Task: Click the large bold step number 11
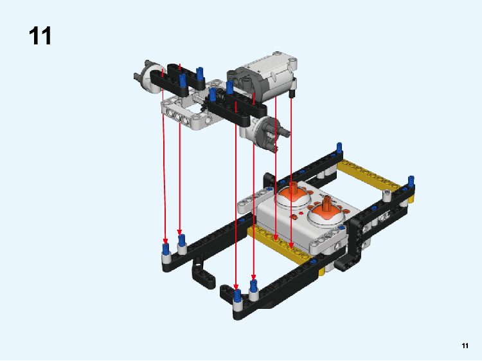click(40, 35)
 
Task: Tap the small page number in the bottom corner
click(465, 346)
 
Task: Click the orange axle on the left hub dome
click(293, 187)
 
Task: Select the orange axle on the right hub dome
click(327, 204)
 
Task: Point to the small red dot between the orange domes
click(300, 212)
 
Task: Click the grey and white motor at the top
click(262, 77)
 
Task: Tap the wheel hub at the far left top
click(150, 77)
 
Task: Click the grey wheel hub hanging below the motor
click(265, 133)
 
